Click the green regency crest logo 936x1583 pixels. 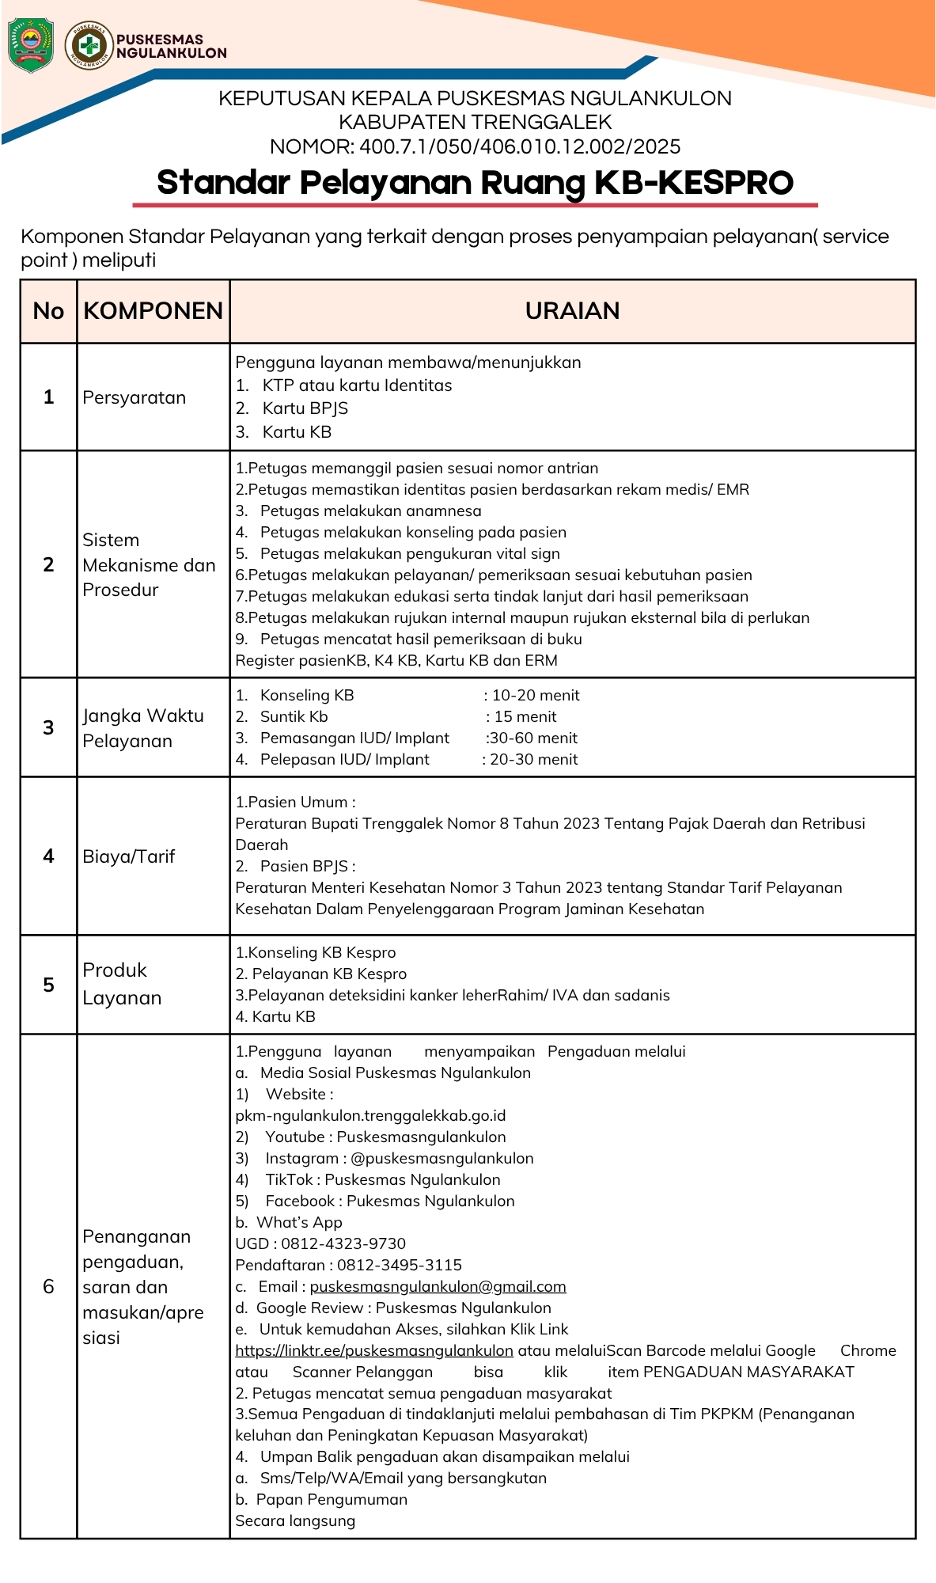(31, 45)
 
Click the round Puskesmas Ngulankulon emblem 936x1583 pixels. (89, 45)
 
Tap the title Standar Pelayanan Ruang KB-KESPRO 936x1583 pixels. (475, 182)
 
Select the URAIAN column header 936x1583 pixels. (572, 311)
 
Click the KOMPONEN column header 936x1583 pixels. (153, 311)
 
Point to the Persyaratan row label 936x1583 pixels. (134, 397)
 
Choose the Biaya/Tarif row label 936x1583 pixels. (128, 856)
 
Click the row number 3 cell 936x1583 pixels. (48, 727)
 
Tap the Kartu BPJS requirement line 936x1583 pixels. (305, 408)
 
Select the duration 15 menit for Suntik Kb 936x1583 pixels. (525, 716)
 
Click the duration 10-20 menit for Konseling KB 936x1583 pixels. (536, 695)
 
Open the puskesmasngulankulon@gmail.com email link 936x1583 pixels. (438, 1286)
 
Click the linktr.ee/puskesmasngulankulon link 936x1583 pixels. (374, 1350)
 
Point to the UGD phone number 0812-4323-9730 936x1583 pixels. (343, 1243)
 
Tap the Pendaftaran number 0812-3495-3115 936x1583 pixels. (400, 1265)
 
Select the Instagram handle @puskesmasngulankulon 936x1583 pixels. (441, 1158)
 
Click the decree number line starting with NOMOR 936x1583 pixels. (475, 146)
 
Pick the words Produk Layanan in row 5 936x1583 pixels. (122, 984)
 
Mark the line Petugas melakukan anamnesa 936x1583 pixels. (370, 511)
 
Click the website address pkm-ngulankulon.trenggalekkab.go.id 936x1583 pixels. (370, 1115)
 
